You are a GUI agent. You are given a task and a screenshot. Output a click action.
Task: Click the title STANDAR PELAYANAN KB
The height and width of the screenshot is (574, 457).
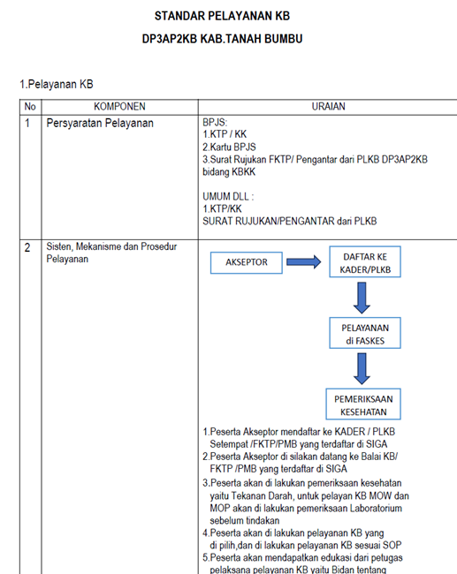(222, 16)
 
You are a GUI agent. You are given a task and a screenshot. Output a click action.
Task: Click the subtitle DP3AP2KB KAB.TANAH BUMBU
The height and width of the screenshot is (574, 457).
(222, 39)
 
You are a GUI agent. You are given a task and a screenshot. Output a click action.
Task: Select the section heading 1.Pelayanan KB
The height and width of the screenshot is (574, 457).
(57, 84)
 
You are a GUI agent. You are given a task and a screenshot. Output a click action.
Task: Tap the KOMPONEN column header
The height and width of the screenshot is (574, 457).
(119, 107)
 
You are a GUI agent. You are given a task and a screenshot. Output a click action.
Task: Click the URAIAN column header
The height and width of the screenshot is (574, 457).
(328, 107)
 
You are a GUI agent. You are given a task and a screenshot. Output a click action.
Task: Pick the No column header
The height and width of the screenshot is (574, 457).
(30, 107)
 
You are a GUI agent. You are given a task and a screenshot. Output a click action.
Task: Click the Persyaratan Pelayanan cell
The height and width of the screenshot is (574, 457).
(100, 123)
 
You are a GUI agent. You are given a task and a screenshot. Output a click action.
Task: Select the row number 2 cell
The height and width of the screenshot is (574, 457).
(27, 248)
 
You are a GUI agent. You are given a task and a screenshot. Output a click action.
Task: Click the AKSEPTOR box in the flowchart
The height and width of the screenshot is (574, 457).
(247, 262)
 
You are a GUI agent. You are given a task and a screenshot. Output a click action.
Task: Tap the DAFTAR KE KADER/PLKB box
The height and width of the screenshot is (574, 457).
(365, 261)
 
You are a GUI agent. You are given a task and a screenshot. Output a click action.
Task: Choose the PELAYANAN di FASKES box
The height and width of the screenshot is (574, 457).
(365, 333)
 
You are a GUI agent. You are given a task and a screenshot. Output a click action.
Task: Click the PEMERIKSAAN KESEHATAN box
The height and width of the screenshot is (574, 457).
(363, 404)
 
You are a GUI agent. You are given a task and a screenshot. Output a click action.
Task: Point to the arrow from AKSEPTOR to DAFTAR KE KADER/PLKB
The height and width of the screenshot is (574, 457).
(303, 262)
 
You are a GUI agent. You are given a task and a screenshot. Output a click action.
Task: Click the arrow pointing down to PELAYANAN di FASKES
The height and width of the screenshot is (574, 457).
(362, 298)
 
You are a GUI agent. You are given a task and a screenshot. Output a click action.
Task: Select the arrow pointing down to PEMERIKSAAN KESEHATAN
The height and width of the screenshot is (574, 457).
(362, 368)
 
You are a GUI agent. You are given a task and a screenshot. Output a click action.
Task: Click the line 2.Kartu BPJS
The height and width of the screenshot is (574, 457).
(229, 147)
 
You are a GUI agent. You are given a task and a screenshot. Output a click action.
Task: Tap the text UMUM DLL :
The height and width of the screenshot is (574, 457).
(228, 197)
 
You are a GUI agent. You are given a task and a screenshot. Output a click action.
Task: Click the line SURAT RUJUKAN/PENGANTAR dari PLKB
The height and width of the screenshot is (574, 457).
(290, 221)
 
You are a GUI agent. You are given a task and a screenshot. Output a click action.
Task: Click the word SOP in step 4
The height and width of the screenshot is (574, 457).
(392, 545)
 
